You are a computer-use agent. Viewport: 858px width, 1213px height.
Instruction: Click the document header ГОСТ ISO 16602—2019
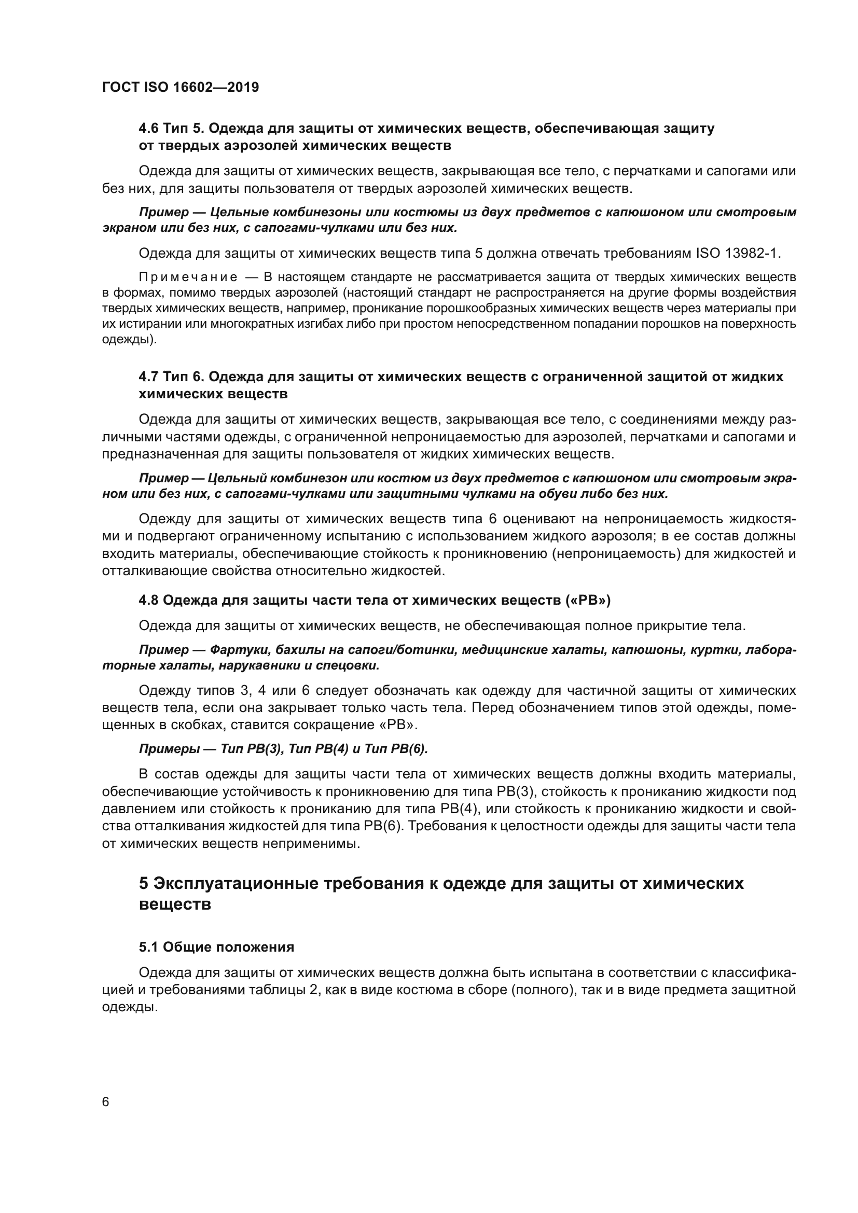coord(180,87)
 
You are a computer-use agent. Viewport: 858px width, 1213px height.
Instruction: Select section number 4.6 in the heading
coord(148,129)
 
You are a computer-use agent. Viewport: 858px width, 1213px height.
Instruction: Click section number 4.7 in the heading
coord(148,377)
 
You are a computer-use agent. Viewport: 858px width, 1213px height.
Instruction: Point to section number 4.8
coord(148,600)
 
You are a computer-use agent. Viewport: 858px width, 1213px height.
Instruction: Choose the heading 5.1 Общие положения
coord(217,947)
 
